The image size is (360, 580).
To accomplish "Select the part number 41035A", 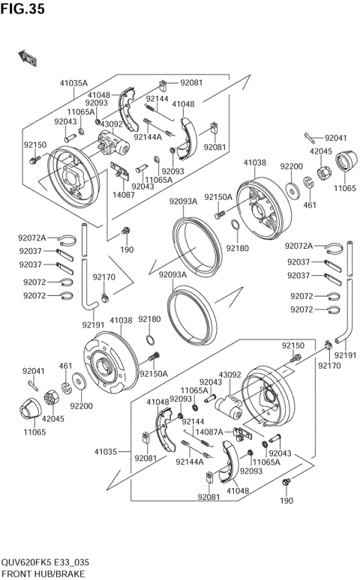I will [x=74, y=83].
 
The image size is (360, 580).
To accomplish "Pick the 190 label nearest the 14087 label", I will [x=127, y=250].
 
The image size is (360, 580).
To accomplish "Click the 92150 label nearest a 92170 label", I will [x=292, y=345].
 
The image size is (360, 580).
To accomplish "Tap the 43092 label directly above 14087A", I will [x=229, y=374].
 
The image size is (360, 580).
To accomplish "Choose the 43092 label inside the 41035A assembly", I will [x=112, y=124].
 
